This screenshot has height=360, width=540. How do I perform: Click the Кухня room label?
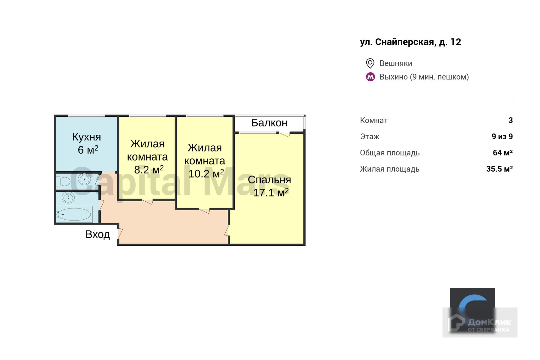point(86,137)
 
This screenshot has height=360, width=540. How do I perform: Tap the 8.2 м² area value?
point(148,170)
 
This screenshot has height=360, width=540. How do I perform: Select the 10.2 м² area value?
point(206,173)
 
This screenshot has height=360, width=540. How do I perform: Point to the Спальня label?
point(269,180)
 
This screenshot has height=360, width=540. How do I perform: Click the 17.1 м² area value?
point(271,192)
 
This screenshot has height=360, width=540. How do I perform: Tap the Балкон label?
point(269,123)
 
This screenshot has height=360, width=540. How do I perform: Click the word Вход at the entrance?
point(97,234)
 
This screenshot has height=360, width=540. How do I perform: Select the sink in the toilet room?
point(84,179)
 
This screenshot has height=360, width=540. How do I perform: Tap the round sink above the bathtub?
point(68,197)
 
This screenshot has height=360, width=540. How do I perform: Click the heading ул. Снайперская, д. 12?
point(410,42)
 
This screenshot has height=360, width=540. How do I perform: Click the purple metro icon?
point(370,77)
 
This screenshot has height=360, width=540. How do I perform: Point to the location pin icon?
point(370,63)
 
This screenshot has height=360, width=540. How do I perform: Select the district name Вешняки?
point(396,63)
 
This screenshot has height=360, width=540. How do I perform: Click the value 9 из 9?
point(502,136)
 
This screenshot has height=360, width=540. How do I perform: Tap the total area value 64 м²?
point(502,153)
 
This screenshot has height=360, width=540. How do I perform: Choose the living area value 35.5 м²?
point(499,169)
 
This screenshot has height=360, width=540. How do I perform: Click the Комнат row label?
point(373,120)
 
